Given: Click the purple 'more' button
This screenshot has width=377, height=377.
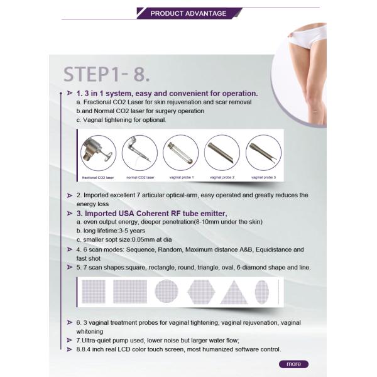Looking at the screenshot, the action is tap(293, 364).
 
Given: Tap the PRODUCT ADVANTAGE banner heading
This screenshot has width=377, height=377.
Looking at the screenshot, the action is tap(188, 13).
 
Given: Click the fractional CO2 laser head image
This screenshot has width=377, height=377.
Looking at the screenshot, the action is tap(99, 153).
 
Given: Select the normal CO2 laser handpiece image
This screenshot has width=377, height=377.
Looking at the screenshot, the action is tap(139, 153).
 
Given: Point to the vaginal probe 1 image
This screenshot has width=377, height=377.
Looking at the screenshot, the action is tap(181, 153).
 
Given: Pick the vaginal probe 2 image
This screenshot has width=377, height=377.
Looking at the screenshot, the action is tap(222, 153).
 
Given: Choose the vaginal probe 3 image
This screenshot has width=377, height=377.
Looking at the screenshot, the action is tap(263, 153).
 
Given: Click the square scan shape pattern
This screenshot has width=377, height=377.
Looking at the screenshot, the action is tap(94, 292).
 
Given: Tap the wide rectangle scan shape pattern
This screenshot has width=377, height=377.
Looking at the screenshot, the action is tap(130, 292).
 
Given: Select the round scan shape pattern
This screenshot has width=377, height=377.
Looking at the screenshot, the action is tap(167, 291).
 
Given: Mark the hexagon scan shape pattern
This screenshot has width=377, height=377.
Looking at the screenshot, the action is tap(201, 292).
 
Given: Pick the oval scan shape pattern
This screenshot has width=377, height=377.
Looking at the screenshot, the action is tap(262, 292).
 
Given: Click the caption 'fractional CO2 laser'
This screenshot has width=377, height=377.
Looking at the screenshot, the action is tap(98, 178).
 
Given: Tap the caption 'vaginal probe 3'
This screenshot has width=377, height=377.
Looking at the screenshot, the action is tap(263, 177).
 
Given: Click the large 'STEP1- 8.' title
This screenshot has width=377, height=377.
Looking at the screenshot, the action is tap(107, 74).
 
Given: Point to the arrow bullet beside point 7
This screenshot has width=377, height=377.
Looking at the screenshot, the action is tap(70, 340).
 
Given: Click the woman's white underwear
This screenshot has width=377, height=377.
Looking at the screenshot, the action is tap(309, 38).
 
